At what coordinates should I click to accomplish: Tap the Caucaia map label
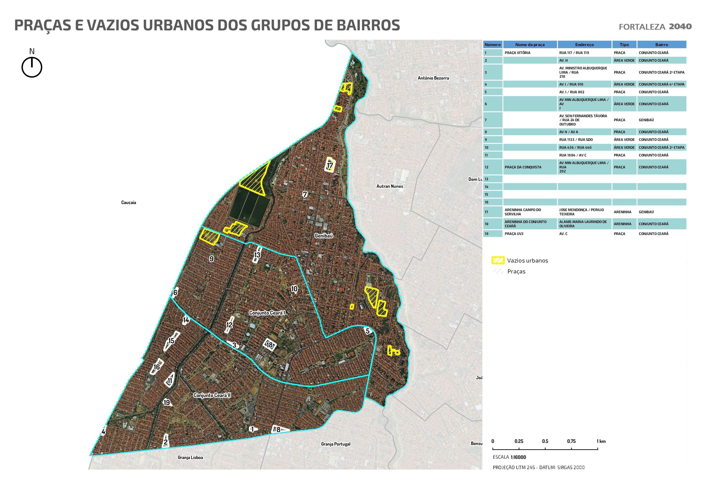(128, 202)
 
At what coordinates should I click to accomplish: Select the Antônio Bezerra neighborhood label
(433, 78)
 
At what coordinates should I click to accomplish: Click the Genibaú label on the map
(324, 236)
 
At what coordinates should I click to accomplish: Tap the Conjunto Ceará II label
(212, 395)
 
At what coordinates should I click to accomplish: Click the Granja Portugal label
(335, 444)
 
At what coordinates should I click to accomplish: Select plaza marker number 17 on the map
(330, 165)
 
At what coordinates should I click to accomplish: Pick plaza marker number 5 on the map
(368, 331)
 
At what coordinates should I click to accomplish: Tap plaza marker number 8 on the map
(278, 429)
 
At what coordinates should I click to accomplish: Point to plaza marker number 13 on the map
(257, 255)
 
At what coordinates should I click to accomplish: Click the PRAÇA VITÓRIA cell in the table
(517, 53)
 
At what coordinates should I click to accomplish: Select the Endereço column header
(584, 45)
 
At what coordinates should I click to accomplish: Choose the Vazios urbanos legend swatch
(498, 260)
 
